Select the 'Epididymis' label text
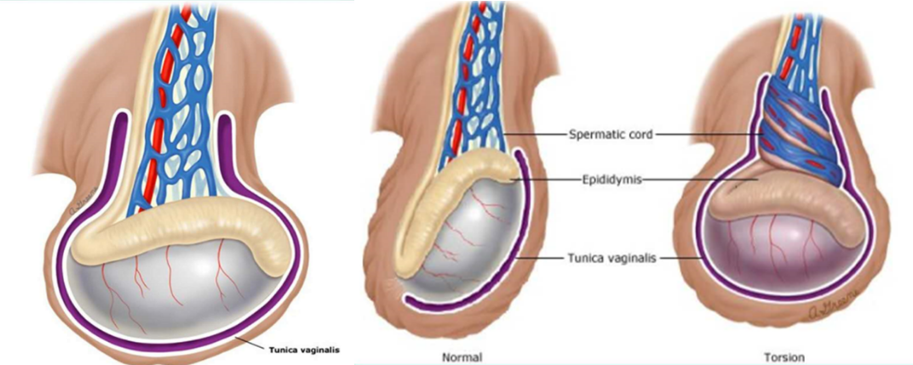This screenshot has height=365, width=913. point(612,180)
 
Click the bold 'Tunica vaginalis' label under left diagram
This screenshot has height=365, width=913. point(303,350)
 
